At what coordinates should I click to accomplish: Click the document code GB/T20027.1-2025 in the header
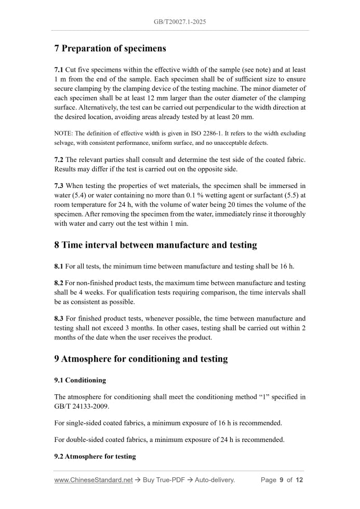coord(180,22)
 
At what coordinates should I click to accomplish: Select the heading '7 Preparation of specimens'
coord(110,49)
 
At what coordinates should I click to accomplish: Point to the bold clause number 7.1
coord(59,70)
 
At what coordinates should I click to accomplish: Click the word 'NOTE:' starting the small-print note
coord(63,133)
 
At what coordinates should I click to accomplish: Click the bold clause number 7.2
coord(59,159)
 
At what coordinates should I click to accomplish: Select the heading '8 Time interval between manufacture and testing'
coord(155,245)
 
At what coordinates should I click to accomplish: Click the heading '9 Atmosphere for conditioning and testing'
coord(141,359)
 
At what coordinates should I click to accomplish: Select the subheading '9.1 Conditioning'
coord(80,380)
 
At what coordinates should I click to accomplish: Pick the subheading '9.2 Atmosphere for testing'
coord(95,457)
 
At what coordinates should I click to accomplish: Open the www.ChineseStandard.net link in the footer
coord(93,480)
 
